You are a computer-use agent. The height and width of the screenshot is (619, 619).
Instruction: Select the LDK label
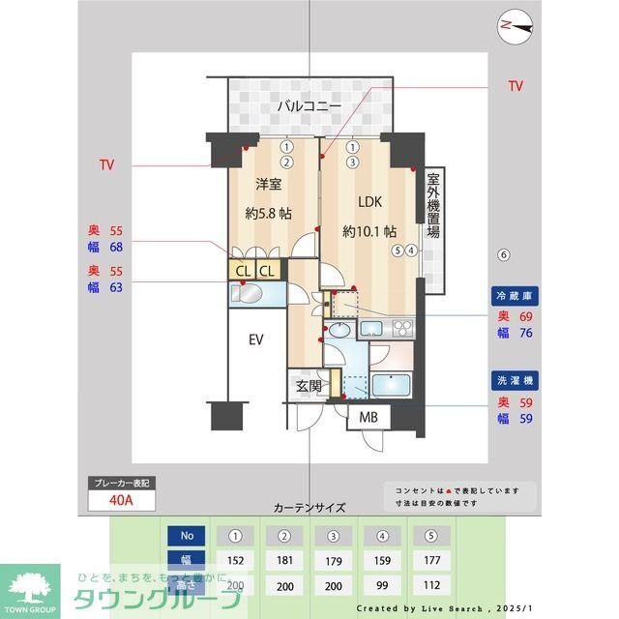coord(370,202)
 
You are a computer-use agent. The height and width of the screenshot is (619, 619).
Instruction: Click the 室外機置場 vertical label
coord(434,206)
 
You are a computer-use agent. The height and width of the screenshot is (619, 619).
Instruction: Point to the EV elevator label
coord(255,339)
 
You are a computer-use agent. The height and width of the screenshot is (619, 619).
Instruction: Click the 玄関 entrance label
coord(309,386)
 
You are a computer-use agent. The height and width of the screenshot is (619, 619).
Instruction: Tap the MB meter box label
coord(369,417)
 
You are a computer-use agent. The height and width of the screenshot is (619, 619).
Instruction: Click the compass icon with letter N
coord(509,26)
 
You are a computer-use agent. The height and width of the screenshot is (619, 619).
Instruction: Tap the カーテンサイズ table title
coord(309,507)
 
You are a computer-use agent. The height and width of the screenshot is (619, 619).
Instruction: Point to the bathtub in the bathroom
coord(395,385)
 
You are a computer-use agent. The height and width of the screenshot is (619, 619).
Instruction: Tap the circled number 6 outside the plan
coord(502,255)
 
